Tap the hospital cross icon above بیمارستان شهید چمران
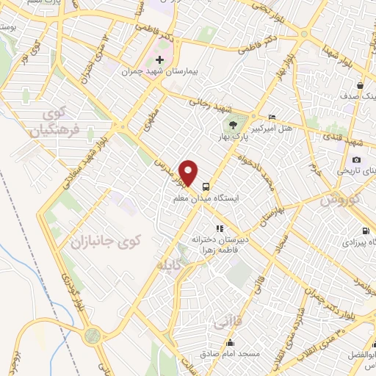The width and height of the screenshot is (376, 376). [x=160, y=59]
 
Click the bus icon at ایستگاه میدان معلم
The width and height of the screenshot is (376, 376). [x=206, y=186]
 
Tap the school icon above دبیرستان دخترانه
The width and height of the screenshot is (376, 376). [x=219, y=228]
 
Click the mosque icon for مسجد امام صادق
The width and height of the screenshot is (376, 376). [x=231, y=342]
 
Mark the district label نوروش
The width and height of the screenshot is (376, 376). [x=341, y=200]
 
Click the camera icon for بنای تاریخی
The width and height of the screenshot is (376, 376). [x=357, y=160]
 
